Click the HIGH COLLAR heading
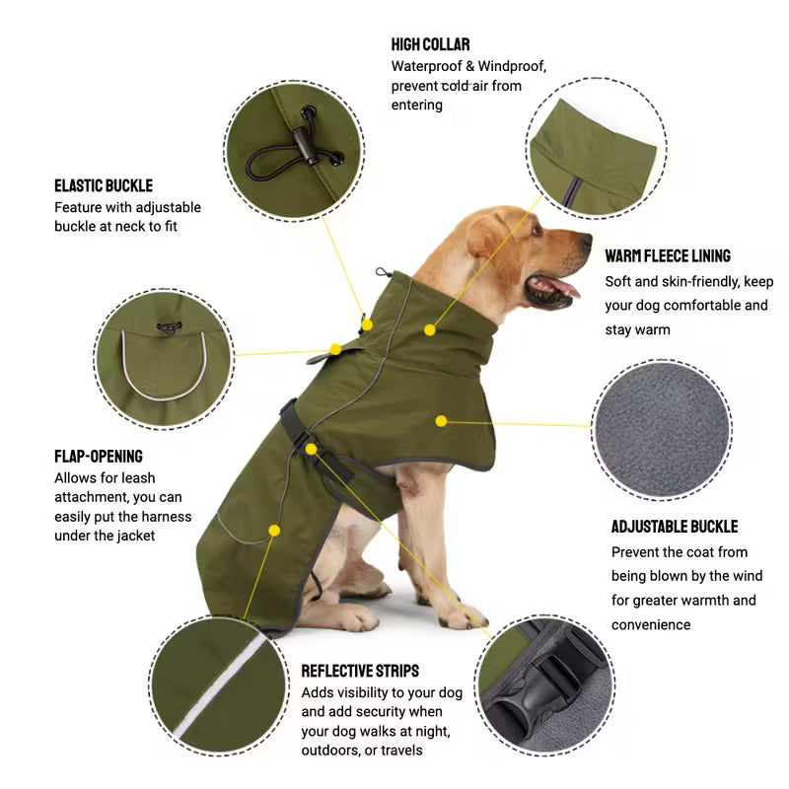(430, 44)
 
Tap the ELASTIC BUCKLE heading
(104, 185)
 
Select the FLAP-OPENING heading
(99, 457)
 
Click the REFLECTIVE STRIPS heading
(360, 671)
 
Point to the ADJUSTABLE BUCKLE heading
(675, 527)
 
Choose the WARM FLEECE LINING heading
(668, 256)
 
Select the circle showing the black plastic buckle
(544, 686)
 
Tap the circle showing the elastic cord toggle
(294, 150)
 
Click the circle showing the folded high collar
(592, 148)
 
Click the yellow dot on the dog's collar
(429, 328)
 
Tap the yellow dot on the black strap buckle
(312, 449)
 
